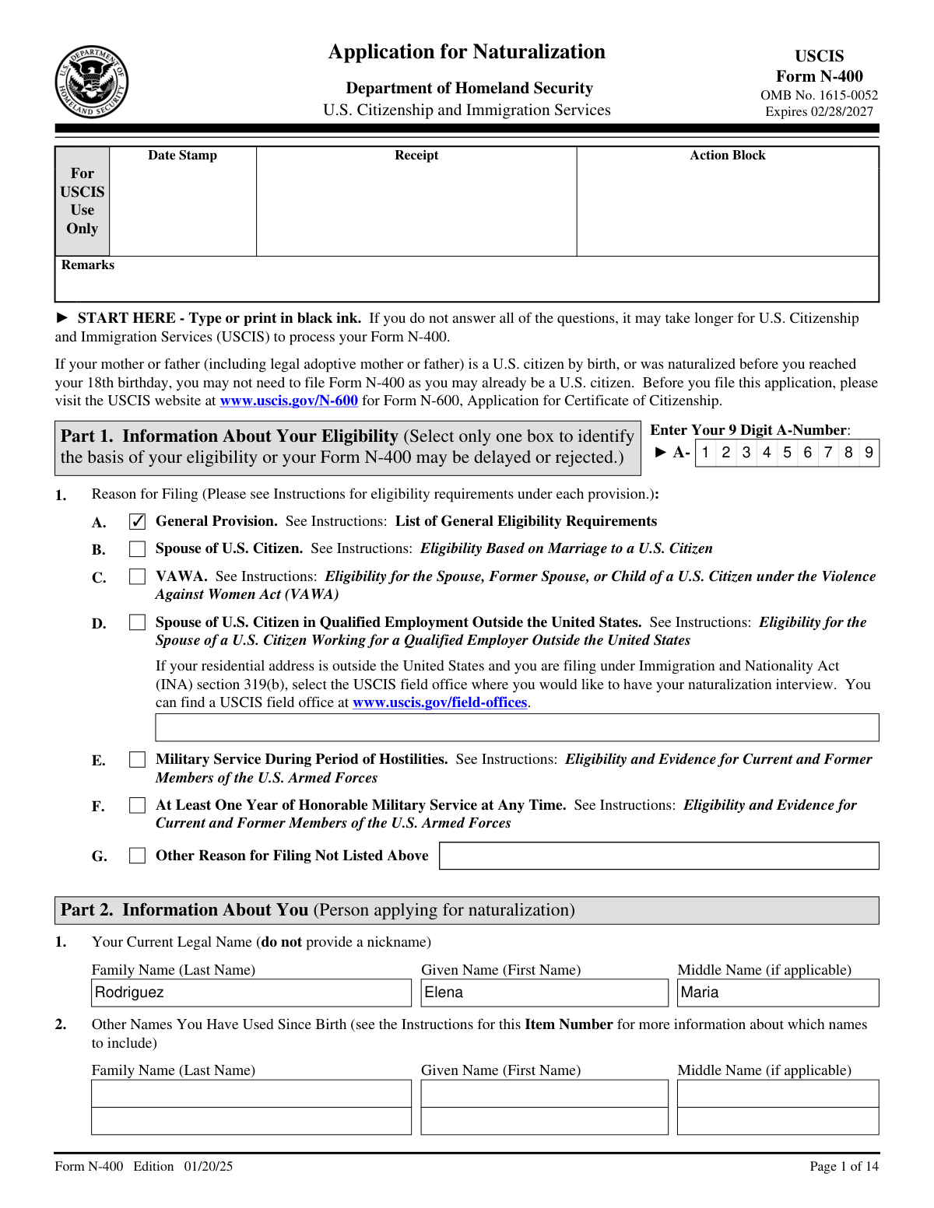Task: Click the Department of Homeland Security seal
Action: [92, 82]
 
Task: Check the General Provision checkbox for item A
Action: [137, 522]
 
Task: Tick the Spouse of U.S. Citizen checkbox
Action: [137, 549]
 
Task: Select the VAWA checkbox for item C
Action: [137, 577]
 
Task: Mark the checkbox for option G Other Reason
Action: [137, 856]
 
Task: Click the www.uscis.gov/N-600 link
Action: [289, 401]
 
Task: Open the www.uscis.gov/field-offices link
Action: [440, 702]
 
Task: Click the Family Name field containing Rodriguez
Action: [251, 993]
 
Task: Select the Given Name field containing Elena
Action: [544, 993]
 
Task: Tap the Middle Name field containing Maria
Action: [778, 993]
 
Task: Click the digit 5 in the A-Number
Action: [787, 453]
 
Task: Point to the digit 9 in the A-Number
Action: [869, 453]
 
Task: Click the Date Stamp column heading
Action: [182, 156]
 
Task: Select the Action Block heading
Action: [727, 156]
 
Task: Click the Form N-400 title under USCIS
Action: [819, 76]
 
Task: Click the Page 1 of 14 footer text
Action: [844, 1166]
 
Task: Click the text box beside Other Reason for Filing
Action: [658, 856]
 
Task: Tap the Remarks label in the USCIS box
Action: [88, 265]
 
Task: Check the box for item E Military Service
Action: [137, 760]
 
